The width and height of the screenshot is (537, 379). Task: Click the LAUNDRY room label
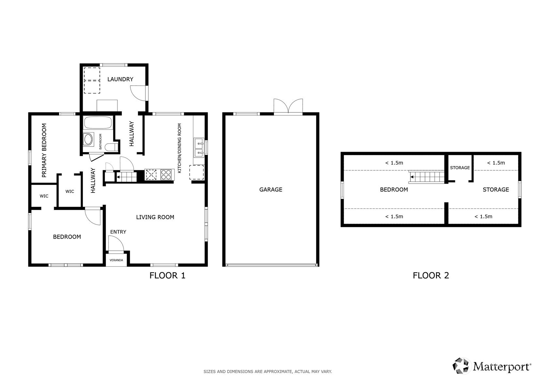(120, 79)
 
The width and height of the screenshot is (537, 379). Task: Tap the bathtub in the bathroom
(98, 122)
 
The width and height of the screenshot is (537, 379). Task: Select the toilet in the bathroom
(112, 147)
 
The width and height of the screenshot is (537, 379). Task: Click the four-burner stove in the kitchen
(166, 175)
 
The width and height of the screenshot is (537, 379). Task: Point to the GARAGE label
(271, 189)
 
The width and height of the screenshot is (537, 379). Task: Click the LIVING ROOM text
(155, 217)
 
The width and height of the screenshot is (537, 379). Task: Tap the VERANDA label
(116, 260)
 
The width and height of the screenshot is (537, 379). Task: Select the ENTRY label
(118, 232)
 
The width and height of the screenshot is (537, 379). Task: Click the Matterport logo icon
(460, 366)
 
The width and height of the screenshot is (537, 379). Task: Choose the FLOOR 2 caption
(431, 275)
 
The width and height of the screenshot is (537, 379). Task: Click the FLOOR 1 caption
(167, 275)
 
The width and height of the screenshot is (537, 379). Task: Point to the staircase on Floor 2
(426, 177)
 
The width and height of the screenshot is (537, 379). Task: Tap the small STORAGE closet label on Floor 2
(460, 168)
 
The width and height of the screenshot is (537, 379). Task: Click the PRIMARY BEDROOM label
(44, 150)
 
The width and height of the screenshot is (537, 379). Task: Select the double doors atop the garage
(288, 107)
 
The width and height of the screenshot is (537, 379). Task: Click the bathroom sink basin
(88, 139)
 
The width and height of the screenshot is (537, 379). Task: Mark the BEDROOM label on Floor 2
(394, 189)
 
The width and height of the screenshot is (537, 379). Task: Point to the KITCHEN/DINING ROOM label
(179, 148)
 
